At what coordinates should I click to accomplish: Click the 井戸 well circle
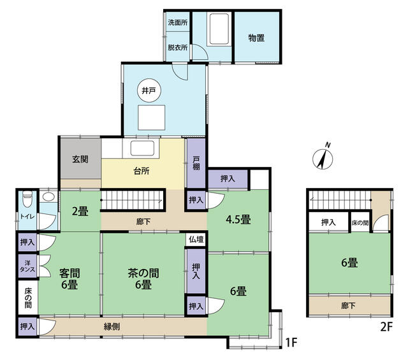tap(149, 90)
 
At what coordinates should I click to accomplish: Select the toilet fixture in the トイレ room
tap(27, 199)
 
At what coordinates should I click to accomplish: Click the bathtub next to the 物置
tap(219, 29)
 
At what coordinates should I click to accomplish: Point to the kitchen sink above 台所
tap(142, 148)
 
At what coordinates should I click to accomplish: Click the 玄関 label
tap(80, 159)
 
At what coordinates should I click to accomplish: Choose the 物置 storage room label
tap(256, 38)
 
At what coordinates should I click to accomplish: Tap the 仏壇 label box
tap(196, 240)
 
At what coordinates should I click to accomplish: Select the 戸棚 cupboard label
tap(196, 163)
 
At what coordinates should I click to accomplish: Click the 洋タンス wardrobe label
tap(27, 266)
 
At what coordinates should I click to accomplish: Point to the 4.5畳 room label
tap(238, 220)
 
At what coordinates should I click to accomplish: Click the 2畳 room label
tap(80, 211)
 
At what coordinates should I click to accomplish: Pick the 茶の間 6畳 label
tap(143, 279)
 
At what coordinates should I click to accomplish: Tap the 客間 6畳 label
tap(69, 279)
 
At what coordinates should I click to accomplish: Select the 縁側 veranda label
tap(112, 327)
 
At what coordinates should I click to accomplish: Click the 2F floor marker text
tap(386, 327)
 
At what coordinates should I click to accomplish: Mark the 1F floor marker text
tap(291, 343)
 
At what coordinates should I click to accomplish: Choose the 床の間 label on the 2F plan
tap(360, 223)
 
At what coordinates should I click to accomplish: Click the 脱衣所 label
tap(178, 48)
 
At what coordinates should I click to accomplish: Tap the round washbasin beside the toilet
tap(48, 197)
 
